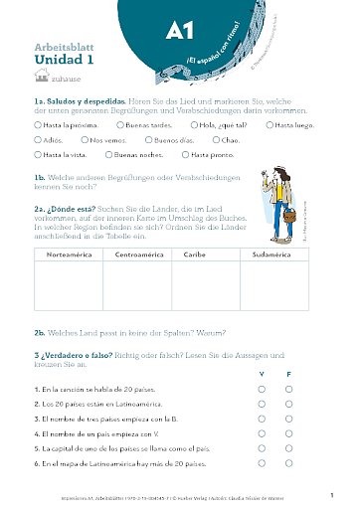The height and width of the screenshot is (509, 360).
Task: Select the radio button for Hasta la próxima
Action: (x=37, y=126)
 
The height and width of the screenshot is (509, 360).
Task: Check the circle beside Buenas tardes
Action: (x=119, y=126)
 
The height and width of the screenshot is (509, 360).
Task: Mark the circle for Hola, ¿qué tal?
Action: (x=193, y=126)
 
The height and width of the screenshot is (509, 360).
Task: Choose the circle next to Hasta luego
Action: (x=270, y=126)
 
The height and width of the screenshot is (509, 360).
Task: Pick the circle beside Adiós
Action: (x=37, y=141)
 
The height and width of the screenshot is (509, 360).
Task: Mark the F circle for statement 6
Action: (x=289, y=462)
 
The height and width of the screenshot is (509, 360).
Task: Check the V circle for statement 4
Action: (x=263, y=433)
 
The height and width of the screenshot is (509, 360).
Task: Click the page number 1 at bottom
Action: (x=331, y=493)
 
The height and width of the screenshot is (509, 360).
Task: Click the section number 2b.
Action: (x=40, y=333)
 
